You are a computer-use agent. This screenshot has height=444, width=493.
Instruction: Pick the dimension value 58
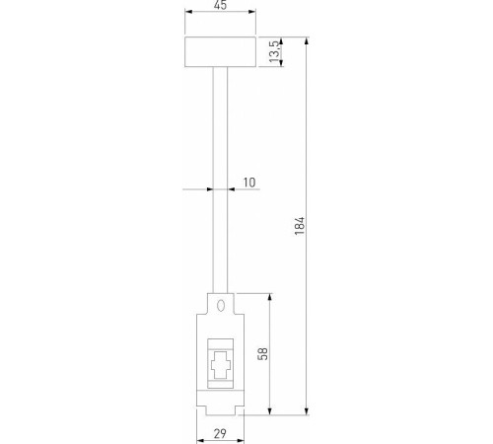pyautogui.click(x=262, y=352)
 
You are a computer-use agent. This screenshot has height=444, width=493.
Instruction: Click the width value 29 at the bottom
pyautogui.click(x=220, y=434)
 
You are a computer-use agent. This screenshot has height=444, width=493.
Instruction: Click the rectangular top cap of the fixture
pyautogui.click(x=219, y=53)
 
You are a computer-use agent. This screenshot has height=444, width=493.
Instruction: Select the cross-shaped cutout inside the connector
pyautogui.click(x=221, y=365)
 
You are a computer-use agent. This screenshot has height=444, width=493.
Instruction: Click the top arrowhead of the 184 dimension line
pyautogui.click(x=309, y=44)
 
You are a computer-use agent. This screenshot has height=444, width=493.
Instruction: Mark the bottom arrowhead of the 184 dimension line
pyautogui.click(x=309, y=410)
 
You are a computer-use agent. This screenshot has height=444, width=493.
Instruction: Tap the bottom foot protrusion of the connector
pyautogui.click(x=221, y=407)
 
